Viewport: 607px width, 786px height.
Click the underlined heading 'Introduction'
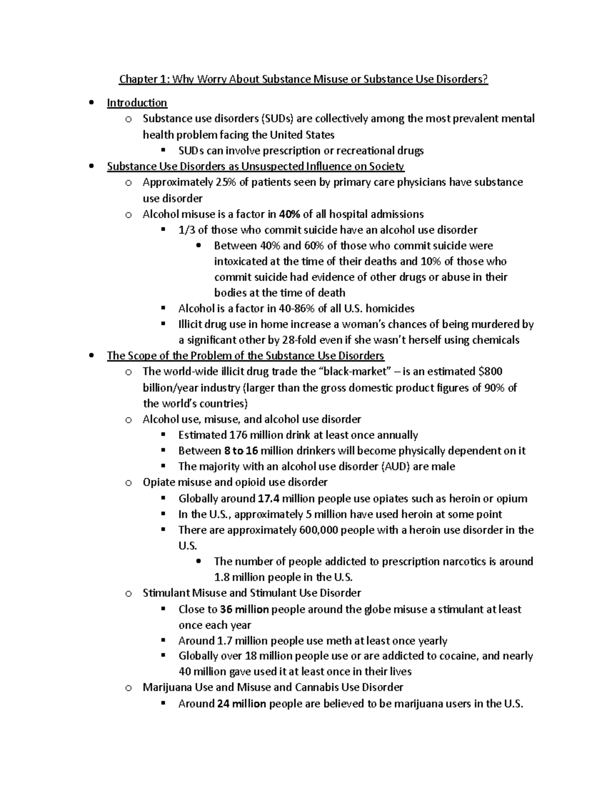point(137,103)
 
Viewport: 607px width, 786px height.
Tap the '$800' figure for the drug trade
point(490,371)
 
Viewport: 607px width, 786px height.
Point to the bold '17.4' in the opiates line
point(268,499)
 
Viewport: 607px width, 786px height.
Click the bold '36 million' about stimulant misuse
point(245,609)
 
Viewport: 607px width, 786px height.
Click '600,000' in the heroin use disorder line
point(318,530)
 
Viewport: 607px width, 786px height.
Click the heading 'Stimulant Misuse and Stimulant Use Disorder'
point(252,593)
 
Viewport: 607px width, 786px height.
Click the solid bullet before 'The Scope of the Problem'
point(91,356)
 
